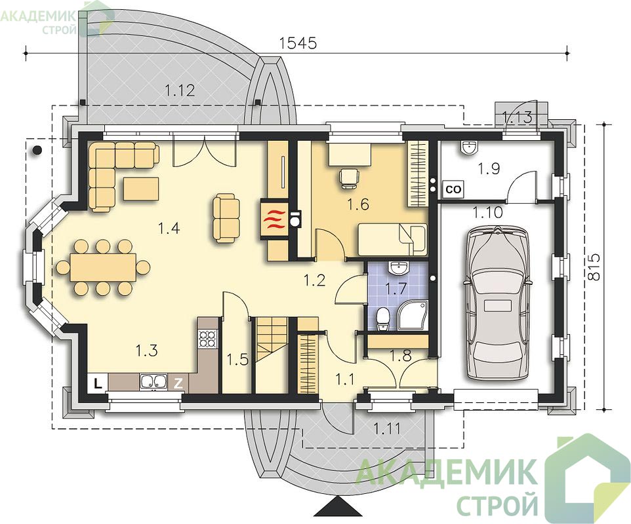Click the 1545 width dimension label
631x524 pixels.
pos(298,43)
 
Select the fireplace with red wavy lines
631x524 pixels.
pos(274,221)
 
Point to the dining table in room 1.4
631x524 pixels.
pos(103,267)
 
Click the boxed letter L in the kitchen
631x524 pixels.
pos(97,383)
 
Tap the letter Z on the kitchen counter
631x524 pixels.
pos(178,383)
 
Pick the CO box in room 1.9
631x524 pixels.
pos(453,189)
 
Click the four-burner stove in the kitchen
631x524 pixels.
pos(208,339)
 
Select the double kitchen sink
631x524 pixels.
pos(153,382)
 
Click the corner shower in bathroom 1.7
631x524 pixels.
pos(412,317)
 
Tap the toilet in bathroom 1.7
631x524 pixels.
pos(382,319)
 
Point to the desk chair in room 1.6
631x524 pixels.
pos(348,178)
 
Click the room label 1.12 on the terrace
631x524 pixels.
pos(180,90)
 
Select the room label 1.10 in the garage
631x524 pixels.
pos(488,212)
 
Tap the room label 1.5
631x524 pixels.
pos(237,359)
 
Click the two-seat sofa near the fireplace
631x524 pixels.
pos(226,218)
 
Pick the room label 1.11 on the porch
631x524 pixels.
pos(387,428)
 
